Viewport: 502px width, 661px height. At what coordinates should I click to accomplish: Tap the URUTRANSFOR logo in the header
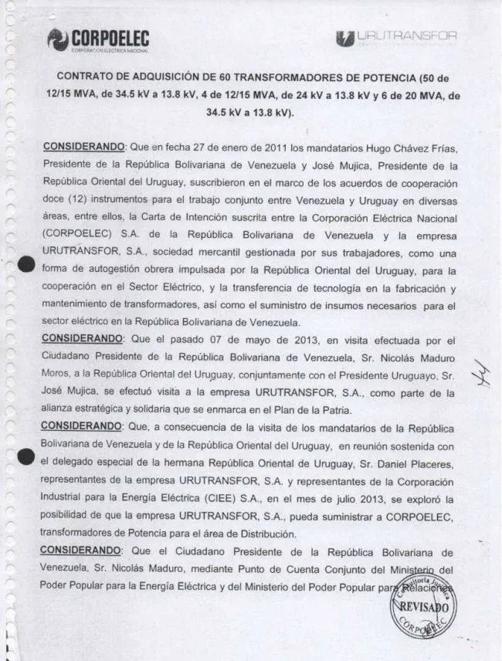396,37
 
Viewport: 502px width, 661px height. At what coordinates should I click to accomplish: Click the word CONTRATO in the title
87,78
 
